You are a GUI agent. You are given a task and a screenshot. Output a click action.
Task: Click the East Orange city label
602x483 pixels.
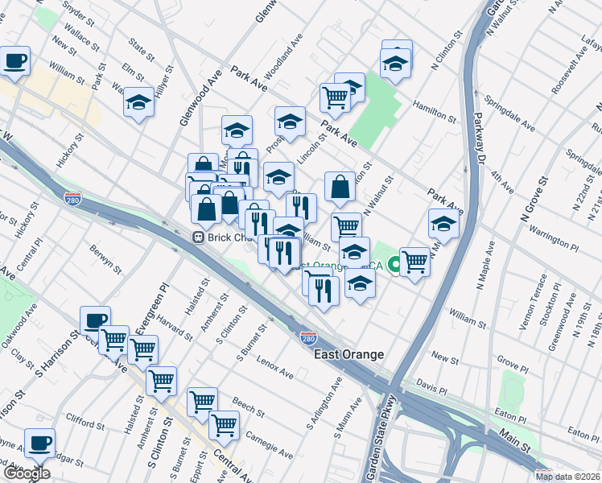[349, 354]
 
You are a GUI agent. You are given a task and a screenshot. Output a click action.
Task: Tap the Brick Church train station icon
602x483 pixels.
[196, 238]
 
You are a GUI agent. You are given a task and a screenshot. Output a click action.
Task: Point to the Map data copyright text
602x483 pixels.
[568, 477]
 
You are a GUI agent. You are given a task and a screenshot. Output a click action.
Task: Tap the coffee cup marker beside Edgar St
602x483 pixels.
[39, 442]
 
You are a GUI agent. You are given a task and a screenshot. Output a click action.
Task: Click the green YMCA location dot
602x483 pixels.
[395, 264]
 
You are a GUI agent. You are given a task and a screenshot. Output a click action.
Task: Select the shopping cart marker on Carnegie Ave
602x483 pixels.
[223, 424]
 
